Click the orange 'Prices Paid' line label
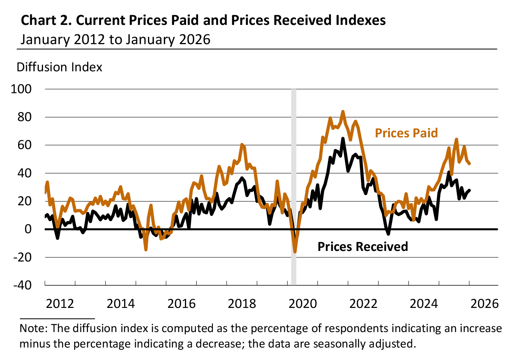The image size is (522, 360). coord(406,133)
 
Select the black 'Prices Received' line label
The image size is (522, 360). coord(362,247)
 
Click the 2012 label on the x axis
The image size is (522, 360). coord(60,303)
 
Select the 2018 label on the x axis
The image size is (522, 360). coord(242,303)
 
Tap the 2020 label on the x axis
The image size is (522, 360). coord(303,303)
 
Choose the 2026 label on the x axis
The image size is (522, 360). coord(485,303)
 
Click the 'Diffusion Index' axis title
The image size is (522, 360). coord(60,67)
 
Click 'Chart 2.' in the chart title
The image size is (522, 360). coord(46,20)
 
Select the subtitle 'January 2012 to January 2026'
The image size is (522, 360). coord(115,40)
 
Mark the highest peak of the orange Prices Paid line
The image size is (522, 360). coord(343,112)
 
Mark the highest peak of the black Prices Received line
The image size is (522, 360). coord(343,138)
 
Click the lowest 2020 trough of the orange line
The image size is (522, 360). coord(295,252)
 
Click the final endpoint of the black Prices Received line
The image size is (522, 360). coord(469,190)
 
